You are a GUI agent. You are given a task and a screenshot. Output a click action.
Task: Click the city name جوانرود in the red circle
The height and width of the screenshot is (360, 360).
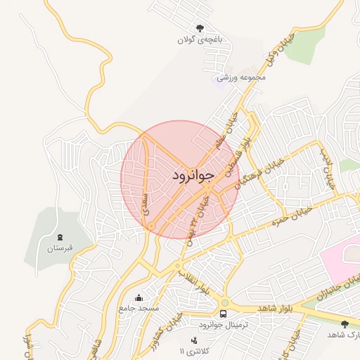191,175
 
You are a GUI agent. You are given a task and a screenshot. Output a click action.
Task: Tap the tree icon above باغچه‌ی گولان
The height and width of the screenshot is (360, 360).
200,29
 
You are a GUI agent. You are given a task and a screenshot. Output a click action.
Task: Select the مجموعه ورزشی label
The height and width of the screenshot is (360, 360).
241,77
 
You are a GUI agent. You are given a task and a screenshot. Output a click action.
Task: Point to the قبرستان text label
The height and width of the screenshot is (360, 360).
60,248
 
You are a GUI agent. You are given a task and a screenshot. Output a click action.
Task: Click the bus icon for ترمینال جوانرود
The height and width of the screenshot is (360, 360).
223,314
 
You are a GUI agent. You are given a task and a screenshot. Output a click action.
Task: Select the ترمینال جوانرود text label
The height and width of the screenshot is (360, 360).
220,326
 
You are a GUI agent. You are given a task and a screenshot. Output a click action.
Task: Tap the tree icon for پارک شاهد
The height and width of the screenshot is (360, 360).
345,324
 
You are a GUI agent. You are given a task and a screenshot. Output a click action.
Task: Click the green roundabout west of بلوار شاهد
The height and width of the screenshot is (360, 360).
178,266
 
